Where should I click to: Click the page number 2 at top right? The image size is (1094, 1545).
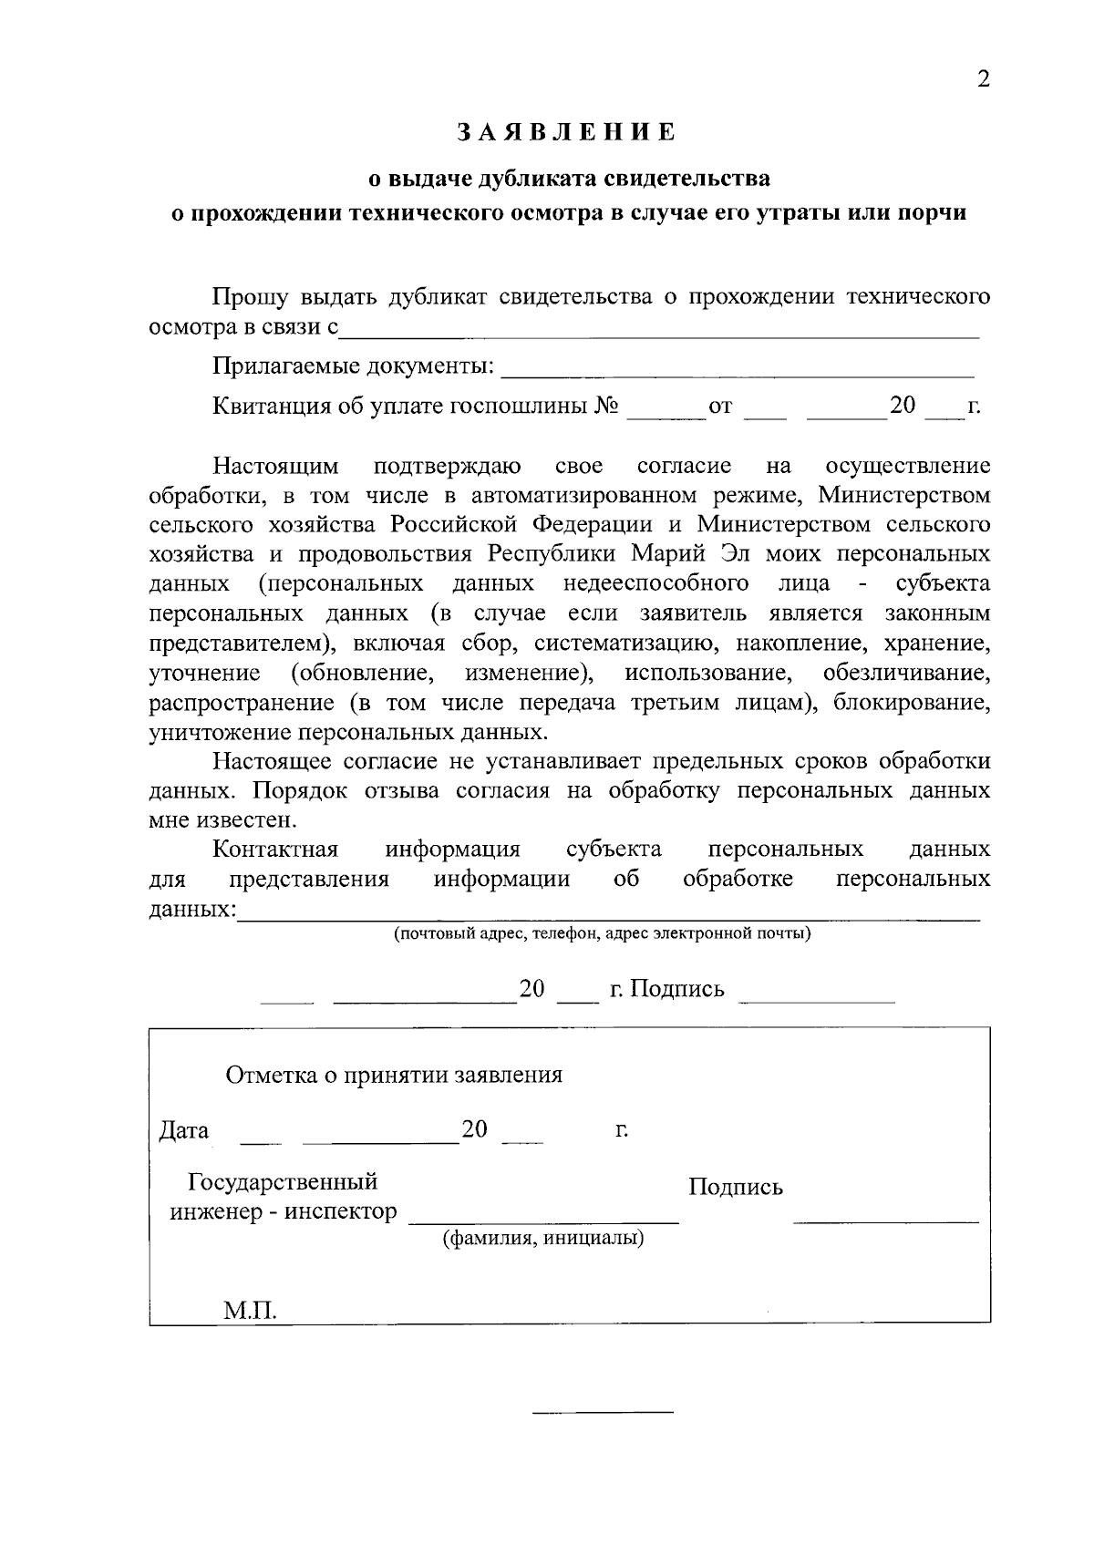tap(983, 79)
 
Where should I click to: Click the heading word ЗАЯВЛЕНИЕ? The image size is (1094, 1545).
tap(566, 133)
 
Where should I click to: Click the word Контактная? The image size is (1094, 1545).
tap(275, 850)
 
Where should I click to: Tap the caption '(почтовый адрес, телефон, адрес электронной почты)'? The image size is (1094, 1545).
tap(602, 933)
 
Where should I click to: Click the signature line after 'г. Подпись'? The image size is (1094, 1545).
tap(816, 1000)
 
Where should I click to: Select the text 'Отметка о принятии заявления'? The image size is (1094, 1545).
tap(394, 1076)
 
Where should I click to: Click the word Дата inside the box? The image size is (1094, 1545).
tap(183, 1131)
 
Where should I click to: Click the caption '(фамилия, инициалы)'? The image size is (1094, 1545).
tap(543, 1239)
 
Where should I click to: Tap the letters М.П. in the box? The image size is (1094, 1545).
tap(250, 1311)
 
